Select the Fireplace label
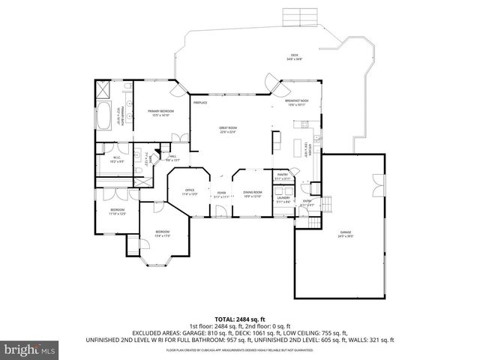click(x=200, y=102)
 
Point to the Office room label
click(x=190, y=192)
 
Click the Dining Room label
click(x=252, y=193)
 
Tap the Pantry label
click(x=283, y=176)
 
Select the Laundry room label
click(x=283, y=200)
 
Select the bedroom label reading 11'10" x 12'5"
click(x=118, y=211)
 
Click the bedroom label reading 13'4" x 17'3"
click(x=163, y=233)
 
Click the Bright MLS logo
click(x=30, y=349)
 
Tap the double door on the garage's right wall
click(x=379, y=181)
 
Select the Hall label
click(x=172, y=157)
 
